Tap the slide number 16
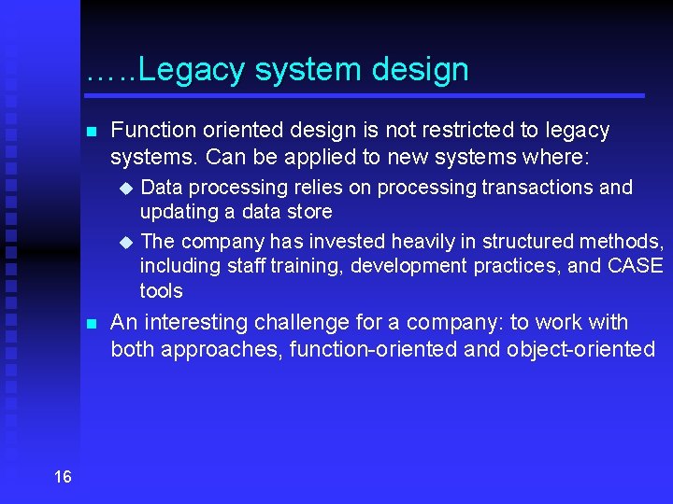click(x=63, y=477)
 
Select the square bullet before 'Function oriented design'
click(x=91, y=133)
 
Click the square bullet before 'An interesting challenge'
click(x=91, y=325)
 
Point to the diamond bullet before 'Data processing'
click(x=127, y=189)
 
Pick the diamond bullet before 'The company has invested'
click(x=127, y=243)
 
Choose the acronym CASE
click(x=635, y=266)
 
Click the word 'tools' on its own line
click(x=161, y=290)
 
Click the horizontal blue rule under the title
click(x=365, y=95)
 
